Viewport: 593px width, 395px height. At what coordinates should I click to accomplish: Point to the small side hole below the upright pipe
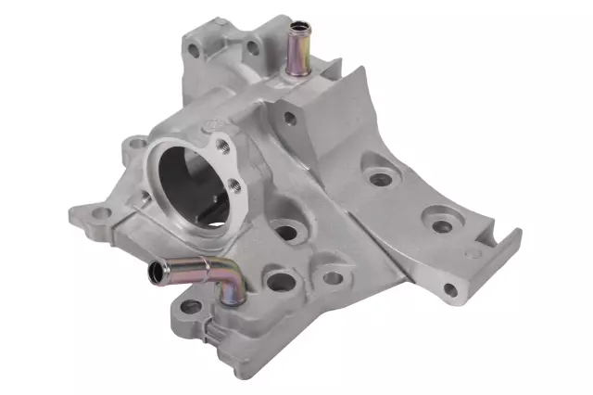click(290, 120)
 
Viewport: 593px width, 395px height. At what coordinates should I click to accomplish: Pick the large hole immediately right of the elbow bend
click(278, 277)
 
